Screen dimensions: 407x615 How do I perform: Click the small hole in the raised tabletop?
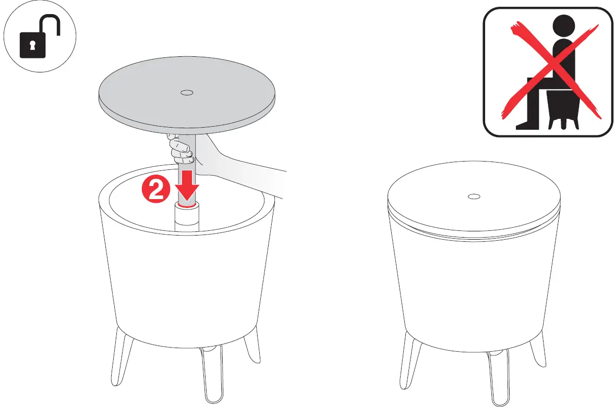click(186, 93)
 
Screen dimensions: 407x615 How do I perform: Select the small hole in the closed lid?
click(474, 196)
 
